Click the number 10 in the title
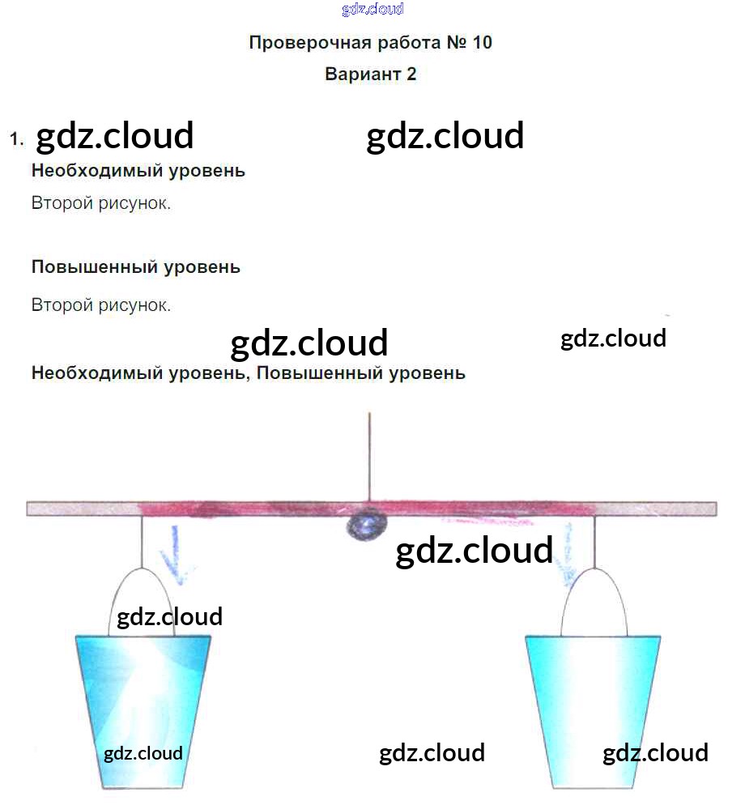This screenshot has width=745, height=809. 481,43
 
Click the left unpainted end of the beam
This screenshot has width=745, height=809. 81,509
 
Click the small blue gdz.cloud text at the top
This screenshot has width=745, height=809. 372,10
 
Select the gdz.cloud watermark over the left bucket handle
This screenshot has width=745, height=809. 169,617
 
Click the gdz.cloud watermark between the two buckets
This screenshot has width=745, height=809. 432,753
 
